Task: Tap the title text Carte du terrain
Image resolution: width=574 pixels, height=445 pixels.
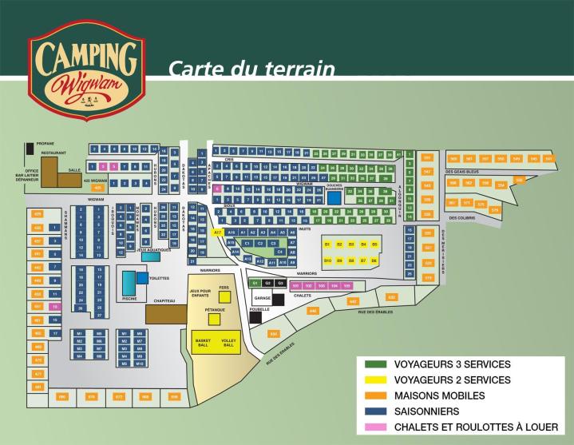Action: (x=251, y=70)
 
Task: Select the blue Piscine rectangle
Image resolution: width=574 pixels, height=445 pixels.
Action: (x=129, y=282)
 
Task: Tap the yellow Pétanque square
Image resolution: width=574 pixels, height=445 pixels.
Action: (x=214, y=320)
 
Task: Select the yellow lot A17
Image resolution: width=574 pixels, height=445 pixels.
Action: (x=218, y=232)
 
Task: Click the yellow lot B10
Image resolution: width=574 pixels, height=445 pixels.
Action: (x=328, y=260)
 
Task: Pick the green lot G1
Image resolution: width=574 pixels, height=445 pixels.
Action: (x=255, y=283)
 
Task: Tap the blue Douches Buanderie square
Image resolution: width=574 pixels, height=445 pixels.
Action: (x=335, y=197)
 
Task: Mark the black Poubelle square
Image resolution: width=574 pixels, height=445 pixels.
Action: (x=255, y=317)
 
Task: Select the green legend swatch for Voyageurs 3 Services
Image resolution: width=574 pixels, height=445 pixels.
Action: (x=377, y=364)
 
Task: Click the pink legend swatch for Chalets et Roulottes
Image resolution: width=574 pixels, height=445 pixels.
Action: (x=377, y=427)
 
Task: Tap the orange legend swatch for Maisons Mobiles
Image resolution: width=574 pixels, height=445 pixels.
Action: (x=377, y=395)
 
